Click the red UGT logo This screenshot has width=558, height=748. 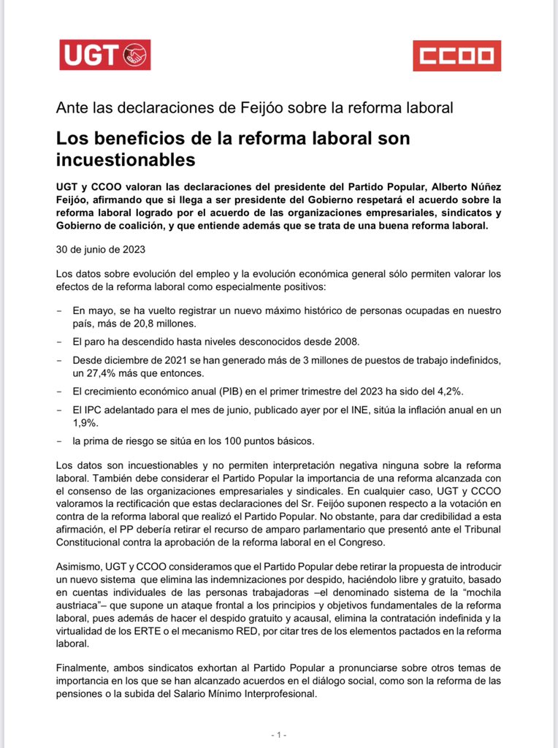(x=104, y=55)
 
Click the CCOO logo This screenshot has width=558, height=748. (x=456, y=56)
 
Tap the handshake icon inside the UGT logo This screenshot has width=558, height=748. (x=135, y=55)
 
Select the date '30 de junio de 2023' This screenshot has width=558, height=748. (x=102, y=249)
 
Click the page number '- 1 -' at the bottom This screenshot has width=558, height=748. (x=278, y=733)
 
